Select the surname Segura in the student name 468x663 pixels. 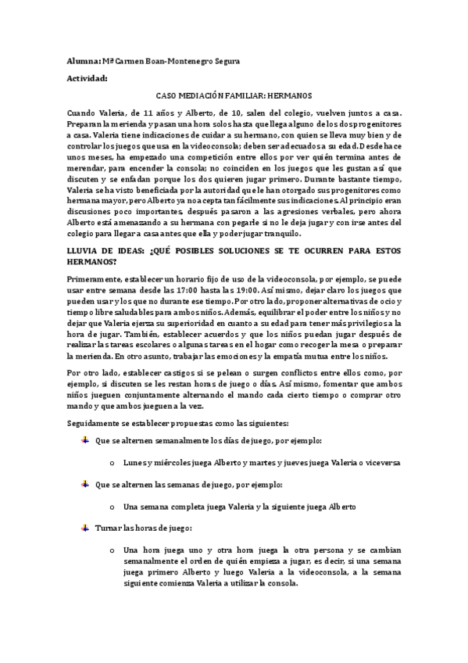click(x=223, y=61)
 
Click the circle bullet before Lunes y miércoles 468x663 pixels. click(x=113, y=463)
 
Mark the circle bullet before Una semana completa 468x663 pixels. click(x=113, y=507)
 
